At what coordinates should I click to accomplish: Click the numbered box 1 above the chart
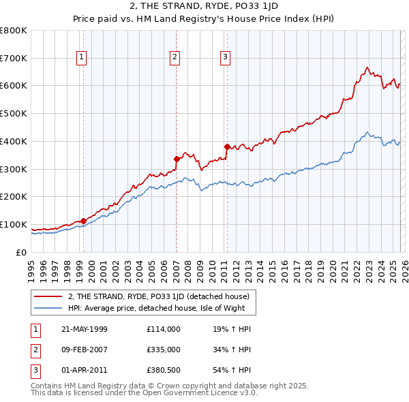81,57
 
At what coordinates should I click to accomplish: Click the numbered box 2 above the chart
175,57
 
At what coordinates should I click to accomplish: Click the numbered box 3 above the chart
225,57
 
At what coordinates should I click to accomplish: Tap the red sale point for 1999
83,221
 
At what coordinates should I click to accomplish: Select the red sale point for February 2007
177,159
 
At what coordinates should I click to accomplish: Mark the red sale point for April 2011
226,146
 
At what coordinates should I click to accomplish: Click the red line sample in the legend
48,296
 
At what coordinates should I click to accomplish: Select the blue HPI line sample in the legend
48,308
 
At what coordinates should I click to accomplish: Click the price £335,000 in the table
164,349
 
